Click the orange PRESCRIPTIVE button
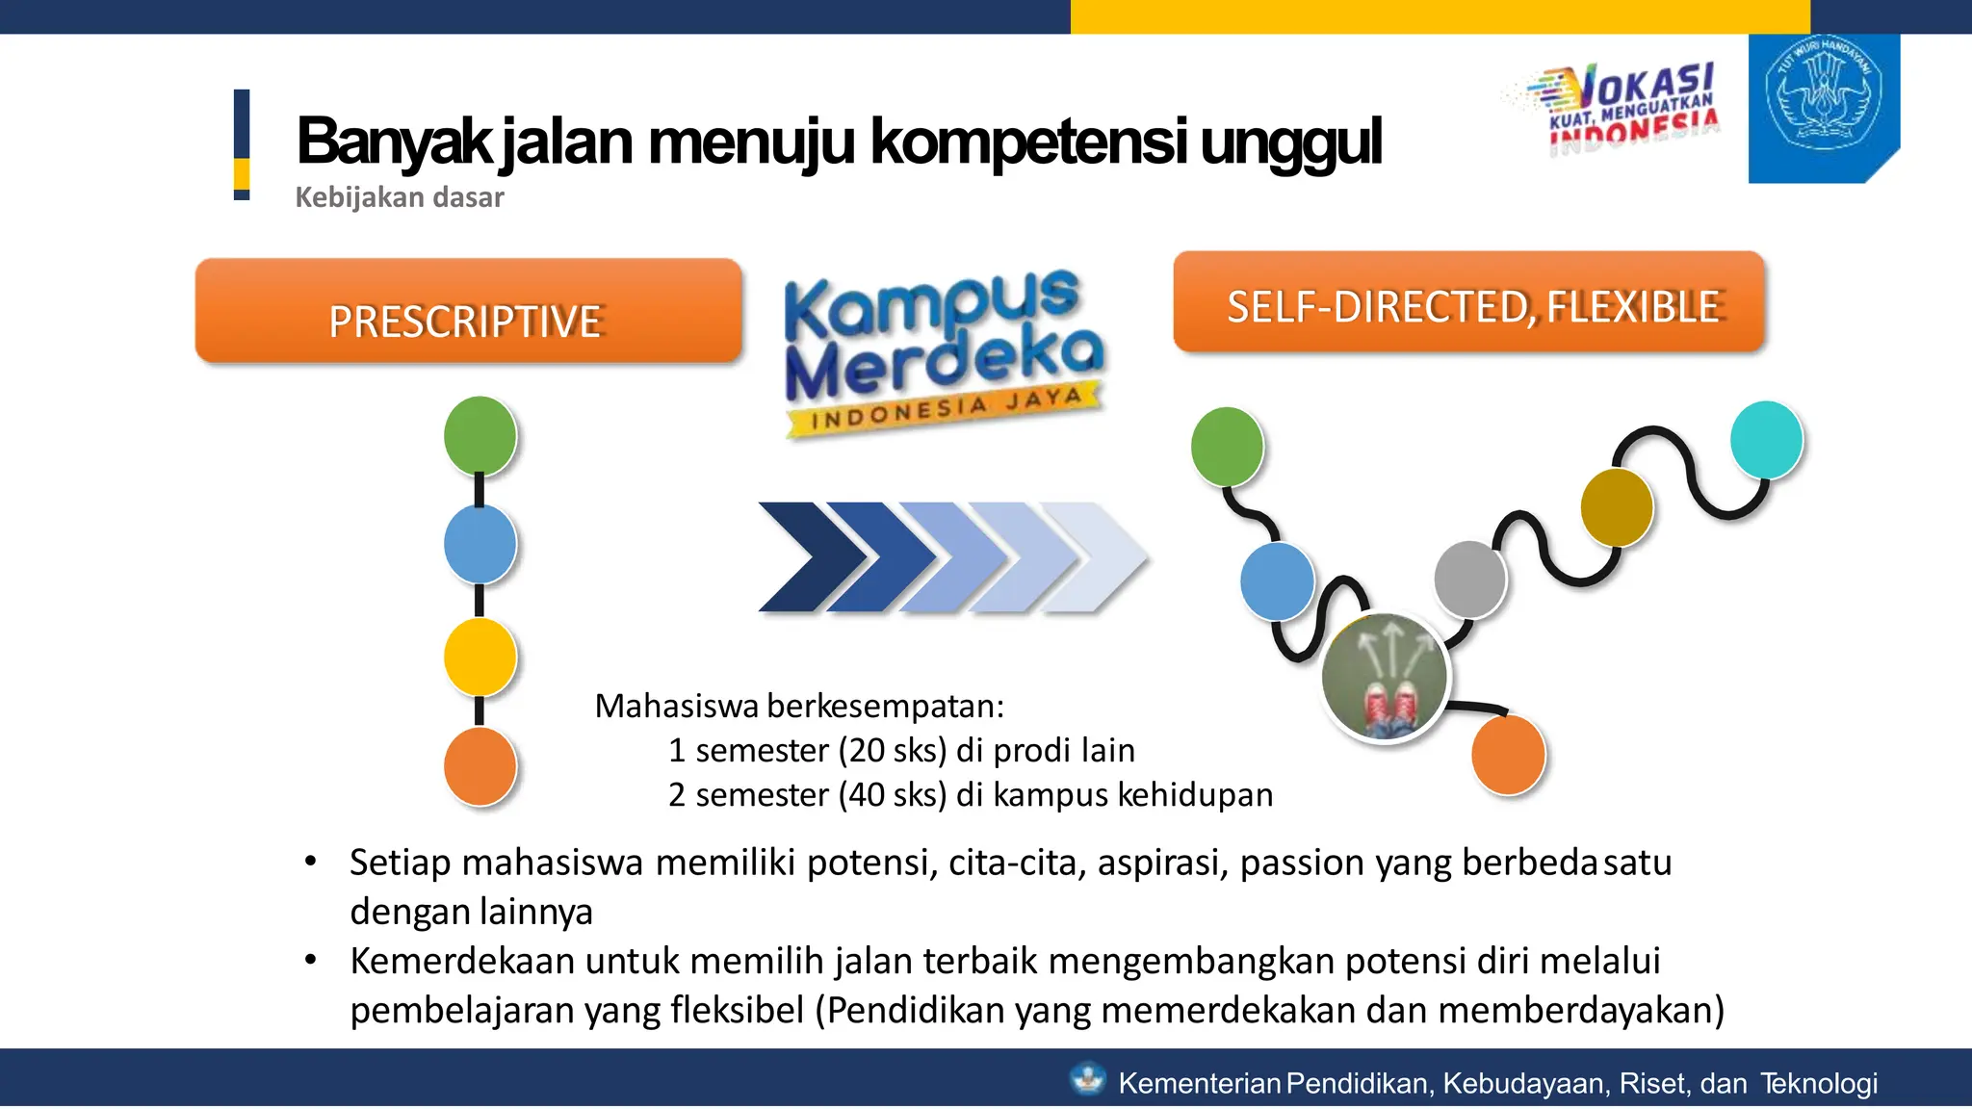click(x=468, y=311)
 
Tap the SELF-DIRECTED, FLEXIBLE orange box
click(x=1468, y=302)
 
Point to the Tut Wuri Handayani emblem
click(x=1823, y=96)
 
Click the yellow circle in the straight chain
click(x=480, y=657)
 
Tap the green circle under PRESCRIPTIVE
click(x=480, y=435)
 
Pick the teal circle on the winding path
click(x=1766, y=439)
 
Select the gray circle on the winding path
click(x=1469, y=579)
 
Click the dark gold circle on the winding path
click(x=1617, y=506)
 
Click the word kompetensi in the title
click(x=1028, y=142)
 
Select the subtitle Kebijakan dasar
click(x=399, y=197)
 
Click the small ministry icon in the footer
click(x=1088, y=1079)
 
